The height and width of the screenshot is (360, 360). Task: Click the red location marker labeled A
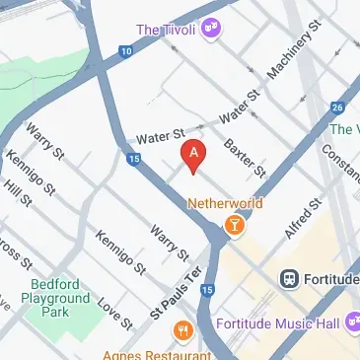click(194, 154)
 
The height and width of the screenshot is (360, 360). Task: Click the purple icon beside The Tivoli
click(208, 31)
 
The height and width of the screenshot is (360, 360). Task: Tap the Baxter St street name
click(245, 158)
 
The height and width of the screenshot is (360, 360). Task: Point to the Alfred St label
click(301, 219)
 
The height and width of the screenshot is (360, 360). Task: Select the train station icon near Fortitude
click(290, 278)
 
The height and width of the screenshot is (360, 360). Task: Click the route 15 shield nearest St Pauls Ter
click(207, 289)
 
